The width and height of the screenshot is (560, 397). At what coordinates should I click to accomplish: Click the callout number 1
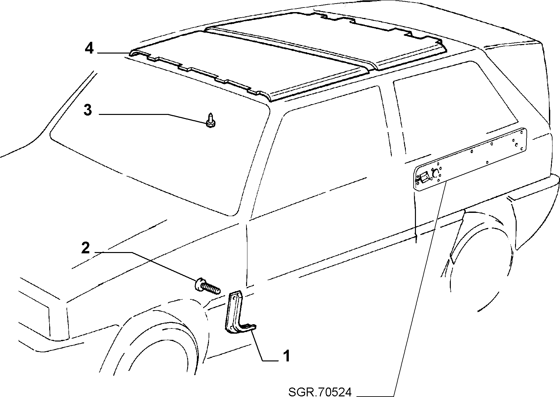pos(286,356)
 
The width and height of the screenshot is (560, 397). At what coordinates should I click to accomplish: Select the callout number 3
pos(87,110)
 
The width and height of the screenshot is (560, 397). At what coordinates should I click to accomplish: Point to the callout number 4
pos(89,49)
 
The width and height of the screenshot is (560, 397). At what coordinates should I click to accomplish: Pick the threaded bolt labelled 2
pos(207,286)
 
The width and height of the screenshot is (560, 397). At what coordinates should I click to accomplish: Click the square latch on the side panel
pos(424,178)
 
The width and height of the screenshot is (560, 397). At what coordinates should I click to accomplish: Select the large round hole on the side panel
pos(435,174)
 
